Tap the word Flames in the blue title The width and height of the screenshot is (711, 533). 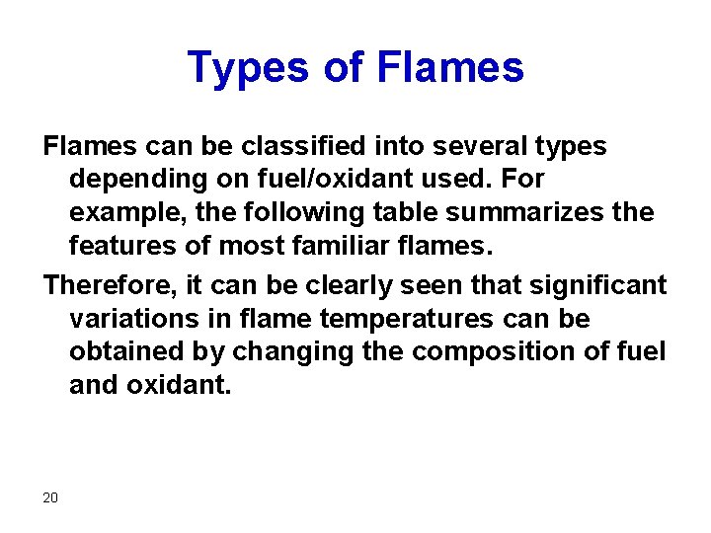[x=450, y=68]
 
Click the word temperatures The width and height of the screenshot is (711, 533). [x=383, y=319]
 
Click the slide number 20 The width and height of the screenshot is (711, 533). [x=50, y=496]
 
